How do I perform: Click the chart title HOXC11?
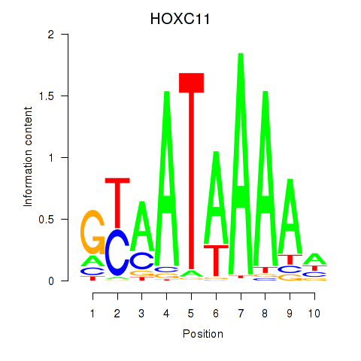pyautogui.click(x=180, y=19)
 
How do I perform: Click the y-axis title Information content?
pyautogui.click(x=28, y=157)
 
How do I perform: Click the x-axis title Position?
pyautogui.click(x=203, y=334)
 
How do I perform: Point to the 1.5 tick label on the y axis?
pyautogui.click(x=47, y=96)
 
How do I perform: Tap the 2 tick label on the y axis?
pyautogui.click(x=51, y=35)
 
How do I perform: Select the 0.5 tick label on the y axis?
pyautogui.click(x=47, y=220)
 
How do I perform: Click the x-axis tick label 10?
pyautogui.click(x=314, y=314)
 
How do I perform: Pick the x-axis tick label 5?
pyautogui.click(x=191, y=314)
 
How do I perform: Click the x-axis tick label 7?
pyautogui.click(x=241, y=314)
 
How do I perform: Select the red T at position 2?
pyautogui.click(x=117, y=203)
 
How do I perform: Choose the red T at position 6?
pyautogui.click(x=216, y=260)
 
